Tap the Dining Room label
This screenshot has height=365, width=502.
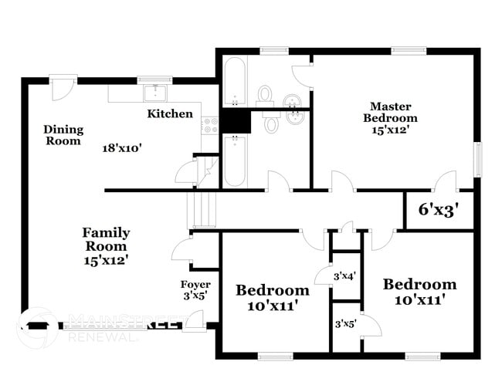(63, 135)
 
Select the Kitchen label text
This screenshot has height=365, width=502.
(170, 113)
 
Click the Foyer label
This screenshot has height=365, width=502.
(195, 289)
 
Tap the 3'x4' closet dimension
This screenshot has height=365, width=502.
(344, 275)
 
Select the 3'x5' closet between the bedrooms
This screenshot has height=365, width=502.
(344, 324)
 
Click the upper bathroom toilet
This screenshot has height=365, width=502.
(266, 95)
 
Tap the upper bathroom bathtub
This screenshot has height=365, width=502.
(235, 81)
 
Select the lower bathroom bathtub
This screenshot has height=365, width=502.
(235, 161)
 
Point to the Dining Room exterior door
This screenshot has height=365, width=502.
(60, 86)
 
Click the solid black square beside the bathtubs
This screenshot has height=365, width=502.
(236, 121)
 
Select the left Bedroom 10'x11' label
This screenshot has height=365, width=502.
(272, 297)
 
